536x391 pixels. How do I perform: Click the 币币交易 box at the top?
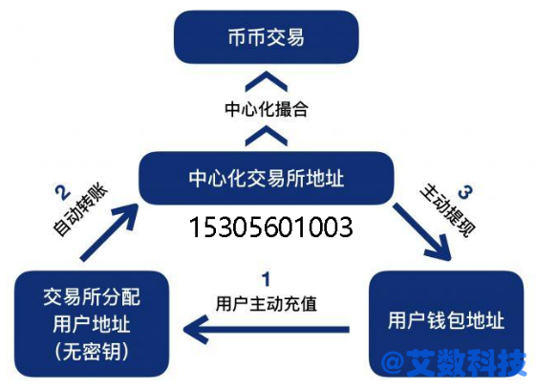point(267,37)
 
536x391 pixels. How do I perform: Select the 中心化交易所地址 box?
point(267,178)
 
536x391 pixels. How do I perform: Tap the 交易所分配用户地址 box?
point(92,324)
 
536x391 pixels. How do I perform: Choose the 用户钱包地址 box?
point(446,324)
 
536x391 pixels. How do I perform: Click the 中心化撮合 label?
point(267,109)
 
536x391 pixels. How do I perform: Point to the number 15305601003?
point(270,228)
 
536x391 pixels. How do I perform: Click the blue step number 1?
point(266,279)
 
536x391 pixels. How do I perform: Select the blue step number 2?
point(63,192)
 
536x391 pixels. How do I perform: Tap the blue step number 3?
point(465,192)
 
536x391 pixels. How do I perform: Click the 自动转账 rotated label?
point(80,209)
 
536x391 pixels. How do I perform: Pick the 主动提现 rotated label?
point(448,210)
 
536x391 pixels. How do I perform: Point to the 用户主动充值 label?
point(267,304)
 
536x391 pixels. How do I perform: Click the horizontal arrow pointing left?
point(267,330)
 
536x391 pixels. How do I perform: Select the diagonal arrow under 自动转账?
point(109,232)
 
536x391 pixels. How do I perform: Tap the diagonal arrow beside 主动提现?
point(422,232)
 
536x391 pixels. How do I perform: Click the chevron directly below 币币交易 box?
point(267,81)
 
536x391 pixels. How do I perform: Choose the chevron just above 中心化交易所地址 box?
point(267,136)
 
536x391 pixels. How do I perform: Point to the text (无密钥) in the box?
point(92,351)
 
